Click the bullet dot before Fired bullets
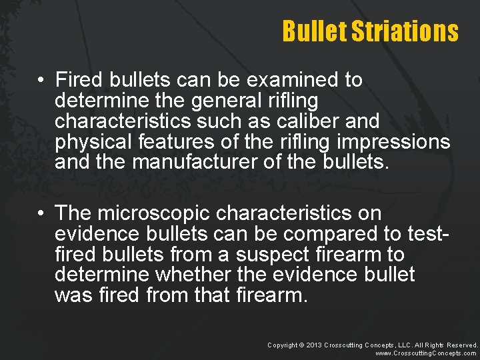coord(41,81)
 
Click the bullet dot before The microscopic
coord(41,214)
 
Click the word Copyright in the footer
coord(282,345)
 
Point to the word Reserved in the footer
coord(461,345)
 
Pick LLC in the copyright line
coord(404,345)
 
